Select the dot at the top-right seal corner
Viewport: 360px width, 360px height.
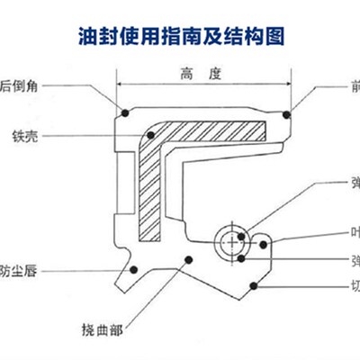tap(286, 113)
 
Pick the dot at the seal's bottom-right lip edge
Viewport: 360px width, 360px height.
tap(256, 287)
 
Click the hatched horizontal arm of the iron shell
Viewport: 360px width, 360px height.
tap(216, 130)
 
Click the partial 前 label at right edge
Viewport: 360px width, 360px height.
tap(355, 86)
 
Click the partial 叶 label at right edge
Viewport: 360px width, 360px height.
tap(355, 229)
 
